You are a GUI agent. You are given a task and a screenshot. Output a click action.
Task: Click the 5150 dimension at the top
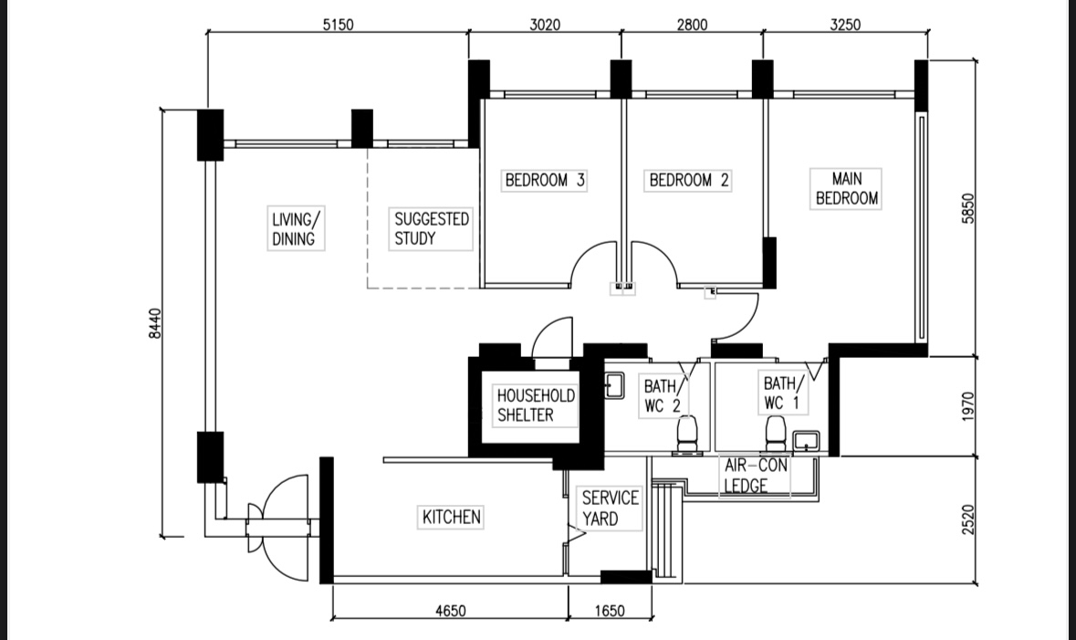pos(338,25)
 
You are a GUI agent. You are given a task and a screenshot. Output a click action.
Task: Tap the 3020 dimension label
pos(545,25)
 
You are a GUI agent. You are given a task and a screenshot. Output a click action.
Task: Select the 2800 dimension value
pos(692,25)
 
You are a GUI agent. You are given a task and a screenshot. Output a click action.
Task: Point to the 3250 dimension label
pos(844,25)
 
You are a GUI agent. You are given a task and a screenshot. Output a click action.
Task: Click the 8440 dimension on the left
pos(155,323)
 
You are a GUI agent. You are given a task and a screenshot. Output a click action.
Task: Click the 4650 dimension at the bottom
pos(448,611)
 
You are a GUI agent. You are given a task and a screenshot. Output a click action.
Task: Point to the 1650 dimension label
pos(610,611)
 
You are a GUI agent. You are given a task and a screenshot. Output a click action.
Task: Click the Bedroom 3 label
pos(545,181)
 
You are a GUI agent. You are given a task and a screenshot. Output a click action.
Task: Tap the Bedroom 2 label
pos(689,181)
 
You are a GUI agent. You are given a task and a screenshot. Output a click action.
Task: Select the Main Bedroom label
pos(846,189)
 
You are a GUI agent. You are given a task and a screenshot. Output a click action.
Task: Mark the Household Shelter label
pos(536,405)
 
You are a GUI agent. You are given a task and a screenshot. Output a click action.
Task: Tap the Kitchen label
pos(451,518)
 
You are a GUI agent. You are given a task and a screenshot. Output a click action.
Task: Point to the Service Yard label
pos(610,509)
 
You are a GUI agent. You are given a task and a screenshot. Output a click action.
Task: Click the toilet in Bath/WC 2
pos(686,433)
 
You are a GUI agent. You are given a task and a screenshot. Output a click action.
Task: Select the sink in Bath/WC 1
pos(806,442)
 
